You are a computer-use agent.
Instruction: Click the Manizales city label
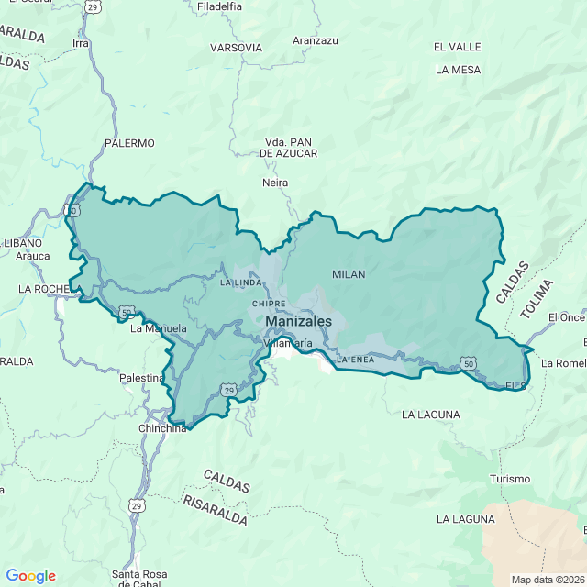tap(298, 322)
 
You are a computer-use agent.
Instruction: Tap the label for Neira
tap(275, 183)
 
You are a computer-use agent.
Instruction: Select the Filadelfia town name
tap(219, 6)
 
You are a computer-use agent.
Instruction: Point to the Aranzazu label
tap(316, 40)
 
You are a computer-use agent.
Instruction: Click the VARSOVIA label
tap(236, 48)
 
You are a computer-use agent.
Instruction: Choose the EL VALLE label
tap(458, 47)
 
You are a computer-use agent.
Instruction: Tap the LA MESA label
tap(458, 70)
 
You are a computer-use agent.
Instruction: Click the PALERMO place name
tap(129, 143)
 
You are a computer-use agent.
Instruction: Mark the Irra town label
tap(81, 43)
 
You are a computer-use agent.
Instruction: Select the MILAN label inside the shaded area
tap(349, 274)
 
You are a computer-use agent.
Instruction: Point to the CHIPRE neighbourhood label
tap(268, 303)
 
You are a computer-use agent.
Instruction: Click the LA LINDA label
tap(241, 282)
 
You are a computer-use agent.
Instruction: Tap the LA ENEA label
tap(357, 360)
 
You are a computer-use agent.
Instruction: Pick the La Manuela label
tap(159, 328)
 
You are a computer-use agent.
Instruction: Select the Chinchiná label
tap(162, 428)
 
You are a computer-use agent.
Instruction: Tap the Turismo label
tap(510, 479)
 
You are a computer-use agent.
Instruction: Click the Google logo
tap(30, 576)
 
